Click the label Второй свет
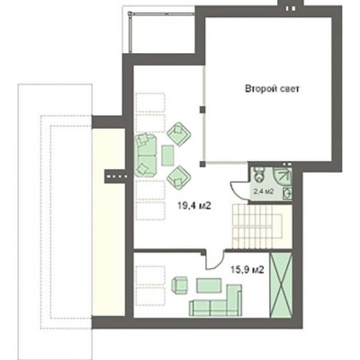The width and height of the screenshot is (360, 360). coord(273,89)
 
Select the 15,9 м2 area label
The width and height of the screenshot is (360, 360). coord(247,270)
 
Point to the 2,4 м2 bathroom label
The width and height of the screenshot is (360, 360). coord(264,192)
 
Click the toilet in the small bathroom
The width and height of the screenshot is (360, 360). coord(258,175)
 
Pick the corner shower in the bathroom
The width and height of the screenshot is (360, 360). coord(283,175)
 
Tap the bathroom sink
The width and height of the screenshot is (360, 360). coord(287,193)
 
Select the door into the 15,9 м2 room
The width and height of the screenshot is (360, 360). coord(215,260)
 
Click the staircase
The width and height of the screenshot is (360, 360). coord(258,227)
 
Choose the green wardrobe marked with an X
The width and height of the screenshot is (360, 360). coord(281,284)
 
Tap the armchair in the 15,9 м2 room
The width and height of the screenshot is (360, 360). coord(180,284)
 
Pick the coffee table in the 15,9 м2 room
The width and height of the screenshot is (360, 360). coord(209,285)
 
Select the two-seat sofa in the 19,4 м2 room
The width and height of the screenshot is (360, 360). coord(146,155)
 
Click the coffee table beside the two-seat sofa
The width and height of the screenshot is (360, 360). coord(167,156)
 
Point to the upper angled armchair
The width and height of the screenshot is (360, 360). coord(179,134)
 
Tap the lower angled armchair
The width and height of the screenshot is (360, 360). coord(179,177)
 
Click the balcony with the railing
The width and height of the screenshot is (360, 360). coord(159,32)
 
